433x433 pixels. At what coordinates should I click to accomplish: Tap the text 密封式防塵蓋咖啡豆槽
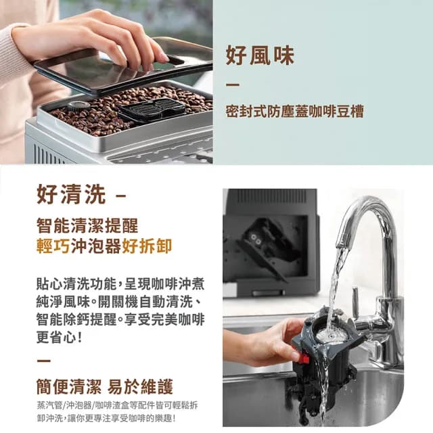pyautogui.click(x=294, y=112)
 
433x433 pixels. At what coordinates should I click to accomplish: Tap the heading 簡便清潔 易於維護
pyautogui.click(x=104, y=387)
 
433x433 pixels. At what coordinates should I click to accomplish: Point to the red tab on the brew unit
pyautogui.click(x=302, y=358)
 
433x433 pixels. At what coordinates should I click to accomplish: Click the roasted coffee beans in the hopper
pyautogui.click(x=101, y=112)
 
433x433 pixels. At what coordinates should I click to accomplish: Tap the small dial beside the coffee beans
pyautogui.click(x=78, y=106)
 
